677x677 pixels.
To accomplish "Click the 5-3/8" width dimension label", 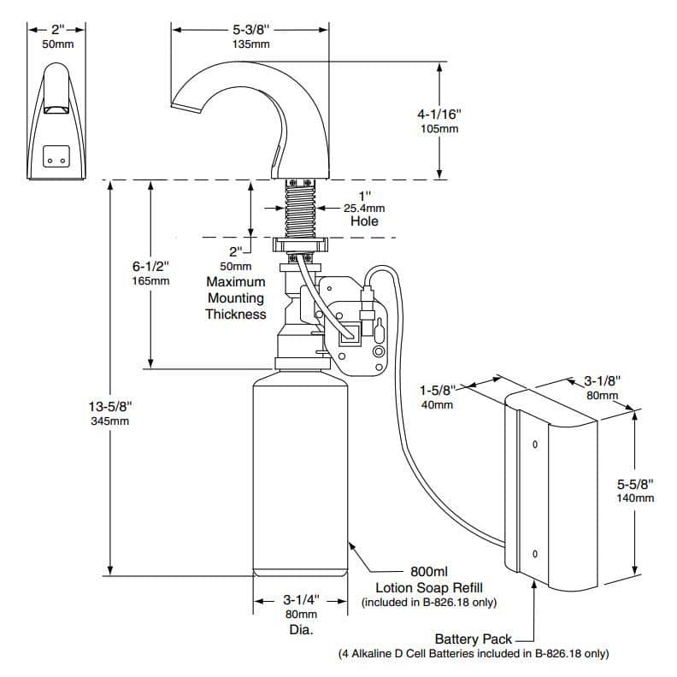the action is (x=250, y=29).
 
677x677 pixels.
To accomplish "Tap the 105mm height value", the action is (x=439, y=129).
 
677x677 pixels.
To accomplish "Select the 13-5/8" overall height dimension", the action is (x=110, y=406).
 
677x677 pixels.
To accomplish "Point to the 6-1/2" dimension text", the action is (x=150, y=266).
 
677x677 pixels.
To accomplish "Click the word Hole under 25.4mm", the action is (x=364, y=221).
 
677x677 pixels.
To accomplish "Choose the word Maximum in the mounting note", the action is (x=236, y=281).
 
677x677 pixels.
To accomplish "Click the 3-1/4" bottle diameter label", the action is (x=302, y=600).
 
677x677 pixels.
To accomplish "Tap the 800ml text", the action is (x=429, y=571).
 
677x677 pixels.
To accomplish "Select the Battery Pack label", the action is (x=474, y=639).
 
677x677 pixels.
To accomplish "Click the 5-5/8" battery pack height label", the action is (x=635, y=484).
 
